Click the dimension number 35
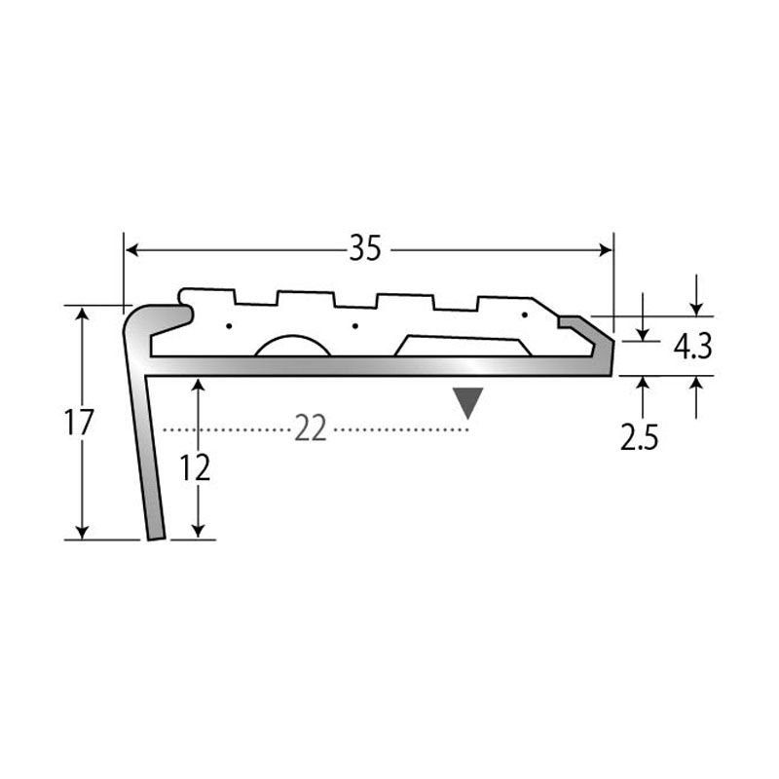[365, 248]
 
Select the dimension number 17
[79, 423]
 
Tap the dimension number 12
[196, 467]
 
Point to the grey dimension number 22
[311, 428]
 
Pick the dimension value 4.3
[693, 347]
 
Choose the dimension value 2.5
[640, 437]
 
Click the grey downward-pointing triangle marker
[468, 402]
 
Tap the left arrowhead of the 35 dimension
[131, 249]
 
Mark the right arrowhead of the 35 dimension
[606, 249]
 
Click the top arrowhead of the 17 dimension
[83, 313]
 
